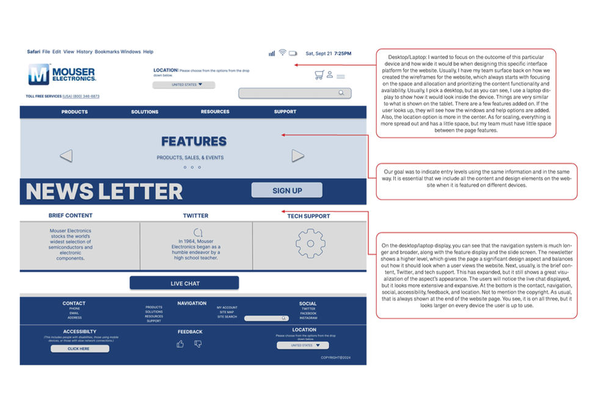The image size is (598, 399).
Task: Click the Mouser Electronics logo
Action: coord(62,75)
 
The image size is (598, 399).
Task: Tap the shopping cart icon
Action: coord(319,75)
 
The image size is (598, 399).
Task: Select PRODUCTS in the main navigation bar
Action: coord(75,112)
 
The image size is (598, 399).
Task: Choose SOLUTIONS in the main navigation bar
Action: coord(145,112)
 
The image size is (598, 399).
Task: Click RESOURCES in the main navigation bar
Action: coord(215,112)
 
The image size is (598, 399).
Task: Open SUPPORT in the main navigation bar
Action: coord(285,112)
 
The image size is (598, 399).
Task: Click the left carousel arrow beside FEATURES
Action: coord(66,156)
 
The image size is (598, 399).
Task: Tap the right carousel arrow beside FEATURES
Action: coord(297,156)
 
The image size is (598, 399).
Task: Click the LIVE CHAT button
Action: coord(184,284)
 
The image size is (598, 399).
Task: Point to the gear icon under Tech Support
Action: coord(310,243)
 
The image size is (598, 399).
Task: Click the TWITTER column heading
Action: coord(195,216)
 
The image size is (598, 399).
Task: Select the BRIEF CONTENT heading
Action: coord(71,216)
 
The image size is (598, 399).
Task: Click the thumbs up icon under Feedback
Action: coord(180,344)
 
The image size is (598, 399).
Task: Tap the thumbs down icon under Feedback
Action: coord(198,344)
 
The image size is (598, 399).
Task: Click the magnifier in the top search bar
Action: coord(341,93)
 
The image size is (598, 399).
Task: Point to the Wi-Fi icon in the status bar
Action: coord(282,53)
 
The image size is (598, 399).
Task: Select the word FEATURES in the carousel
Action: coord(194,141)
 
